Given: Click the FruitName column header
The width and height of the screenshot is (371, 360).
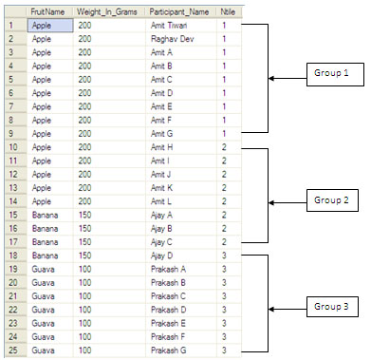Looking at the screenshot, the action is click(47, 12).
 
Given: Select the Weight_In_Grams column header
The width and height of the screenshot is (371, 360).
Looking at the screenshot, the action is click(107, 12).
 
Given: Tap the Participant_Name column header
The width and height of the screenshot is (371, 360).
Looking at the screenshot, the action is click(179, 12).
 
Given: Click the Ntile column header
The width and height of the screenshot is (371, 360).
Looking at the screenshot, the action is click(228, 12).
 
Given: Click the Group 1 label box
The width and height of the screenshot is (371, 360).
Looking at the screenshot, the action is click(335, 74).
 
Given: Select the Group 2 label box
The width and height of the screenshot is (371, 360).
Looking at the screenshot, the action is click(332, 200).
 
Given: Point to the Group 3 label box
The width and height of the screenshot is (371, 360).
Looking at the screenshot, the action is click(332, 307).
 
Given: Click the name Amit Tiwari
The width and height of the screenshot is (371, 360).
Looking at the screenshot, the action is click(169, 26).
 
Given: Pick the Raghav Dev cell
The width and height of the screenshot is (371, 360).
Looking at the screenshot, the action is click(173, 39).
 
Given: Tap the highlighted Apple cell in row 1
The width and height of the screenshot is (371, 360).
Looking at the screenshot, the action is click(50, 26).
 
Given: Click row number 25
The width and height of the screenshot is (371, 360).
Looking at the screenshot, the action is click(13, 351).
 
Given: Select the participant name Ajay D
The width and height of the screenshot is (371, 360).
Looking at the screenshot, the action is click(161, 256).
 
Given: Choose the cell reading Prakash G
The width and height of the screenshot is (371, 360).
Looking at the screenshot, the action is click(169, 351).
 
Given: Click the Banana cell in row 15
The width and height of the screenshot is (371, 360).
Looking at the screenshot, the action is click(45, 215).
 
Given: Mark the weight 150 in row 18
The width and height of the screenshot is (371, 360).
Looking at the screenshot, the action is click(84, 256).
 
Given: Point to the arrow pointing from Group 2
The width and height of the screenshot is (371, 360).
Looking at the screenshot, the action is click(288, 202).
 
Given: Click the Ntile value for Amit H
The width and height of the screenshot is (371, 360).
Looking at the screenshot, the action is click(224, 147).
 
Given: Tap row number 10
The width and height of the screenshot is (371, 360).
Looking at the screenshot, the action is click(13, 147).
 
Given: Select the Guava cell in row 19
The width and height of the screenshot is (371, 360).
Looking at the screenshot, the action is click(43, 269).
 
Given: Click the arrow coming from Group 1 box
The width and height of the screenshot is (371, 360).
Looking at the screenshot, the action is click(288, 78).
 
